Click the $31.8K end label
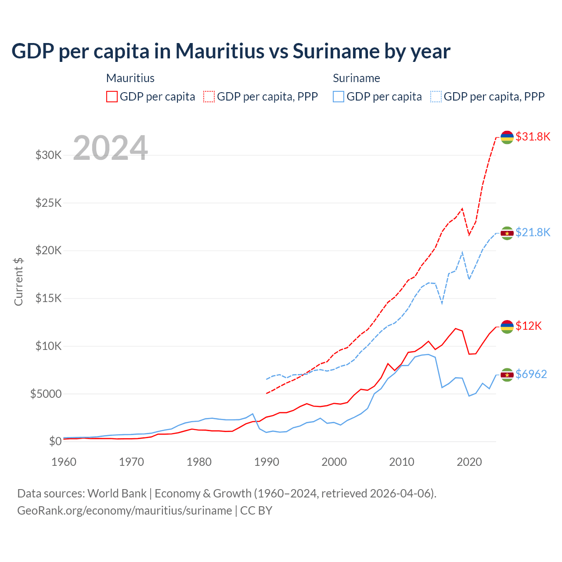click(x=533, y=137)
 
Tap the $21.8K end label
click(x=533, y=232)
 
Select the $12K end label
click(x=529, y=326)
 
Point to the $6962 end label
click(x=531, y=374)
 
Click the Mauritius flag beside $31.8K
click(x=507, y=137)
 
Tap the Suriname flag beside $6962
click(x=507, y=375)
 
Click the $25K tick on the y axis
click(x=48, y=203)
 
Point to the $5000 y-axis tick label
click(x=46, y=394)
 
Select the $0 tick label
click(x=55, y=441)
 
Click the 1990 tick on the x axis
click(x=267, y=462)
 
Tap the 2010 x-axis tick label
click(x=402, y=462)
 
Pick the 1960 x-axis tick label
click(x=64, y=462)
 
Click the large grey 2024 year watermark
click(x=110, y=148)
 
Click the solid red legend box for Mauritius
click(x=112, y=97)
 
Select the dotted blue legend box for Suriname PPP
click(x=436, y=97)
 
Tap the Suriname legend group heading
click(x=356, y=78)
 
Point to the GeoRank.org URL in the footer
click(x=124, y=511)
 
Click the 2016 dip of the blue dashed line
click(x=442, y=303)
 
